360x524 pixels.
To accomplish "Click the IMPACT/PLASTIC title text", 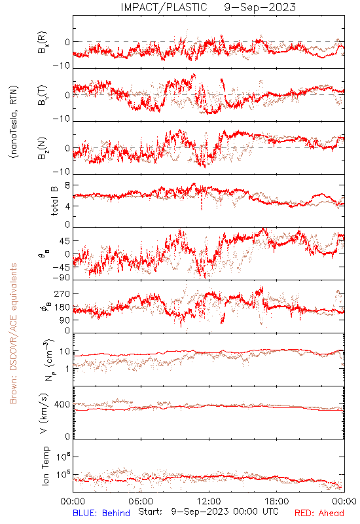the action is [164, 7].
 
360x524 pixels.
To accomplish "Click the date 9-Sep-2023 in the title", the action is [260, 7].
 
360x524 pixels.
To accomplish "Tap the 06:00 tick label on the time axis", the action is [141, 501].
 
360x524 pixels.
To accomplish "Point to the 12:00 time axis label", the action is [209, 501].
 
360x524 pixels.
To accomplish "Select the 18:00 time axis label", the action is [276, 501].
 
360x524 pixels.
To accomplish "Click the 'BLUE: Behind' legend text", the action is [101, 513].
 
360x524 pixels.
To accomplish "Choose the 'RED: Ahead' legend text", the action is [319, 513].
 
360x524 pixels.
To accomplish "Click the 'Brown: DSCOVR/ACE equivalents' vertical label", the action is [13, 333].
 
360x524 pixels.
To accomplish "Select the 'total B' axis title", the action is [54, 201].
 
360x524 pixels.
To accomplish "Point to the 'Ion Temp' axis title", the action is [45, 466].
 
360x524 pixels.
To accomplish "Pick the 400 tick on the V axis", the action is [62, 405].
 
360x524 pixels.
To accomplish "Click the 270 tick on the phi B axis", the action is [62, 294].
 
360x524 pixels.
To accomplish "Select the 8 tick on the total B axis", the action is [67, 185].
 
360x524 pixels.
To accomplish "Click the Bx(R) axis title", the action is [43, 43].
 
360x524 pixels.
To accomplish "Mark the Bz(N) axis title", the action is [43, 148].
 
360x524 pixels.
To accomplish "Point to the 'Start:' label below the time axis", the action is [151, 512].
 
